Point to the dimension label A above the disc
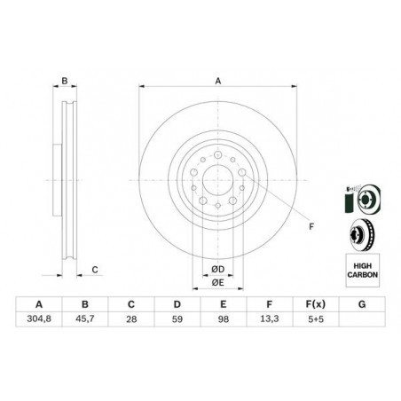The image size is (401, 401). click(217, 81)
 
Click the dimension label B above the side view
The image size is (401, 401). click(65, 81)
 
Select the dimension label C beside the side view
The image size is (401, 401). click(94, 270)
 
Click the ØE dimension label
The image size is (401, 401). click(217, 283)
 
